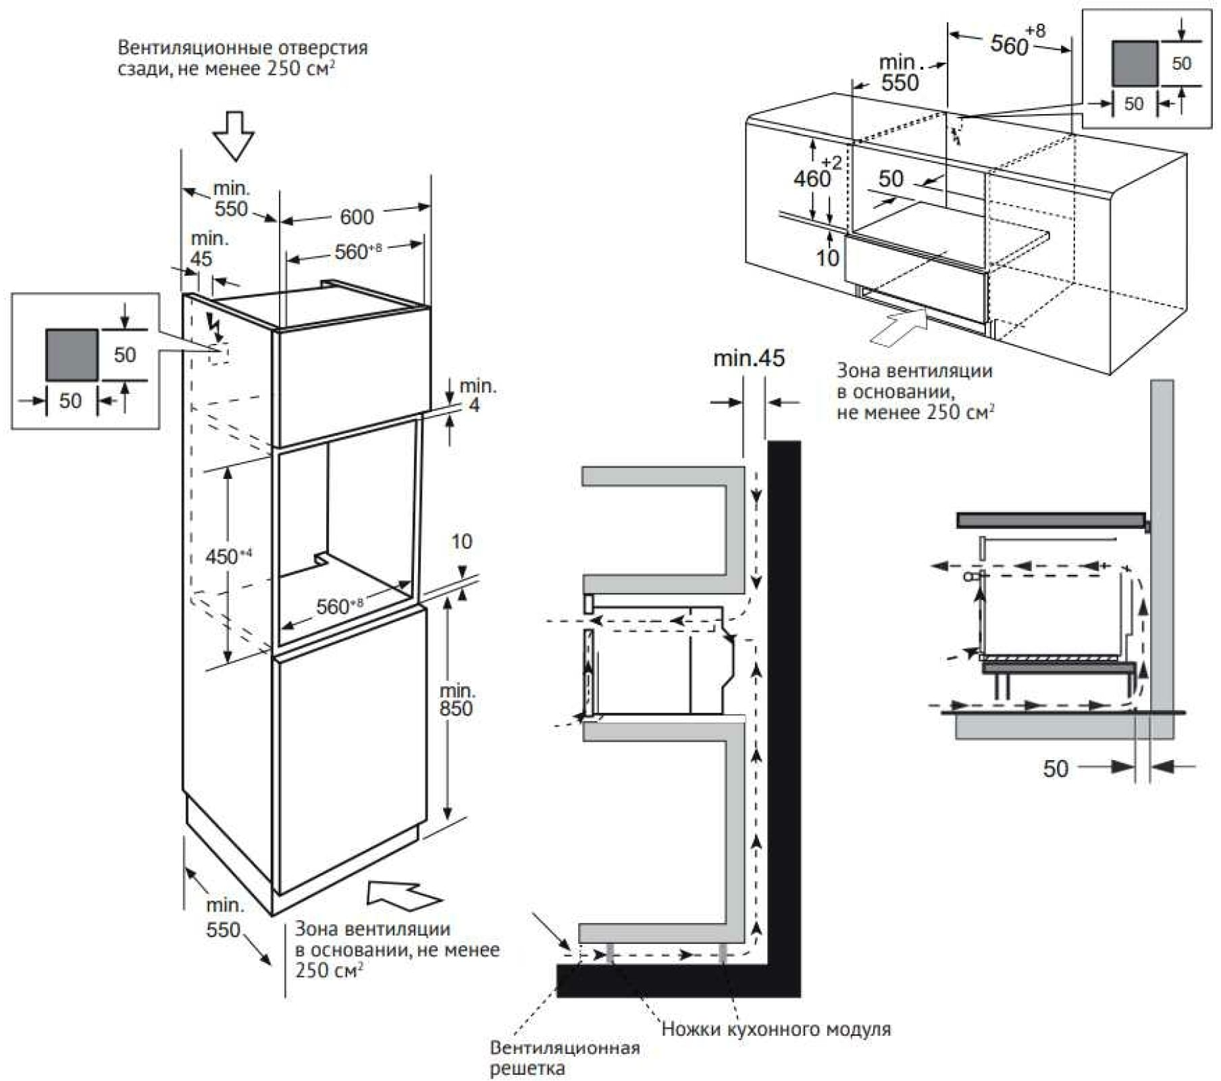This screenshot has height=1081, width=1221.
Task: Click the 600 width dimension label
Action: tap(356, 217)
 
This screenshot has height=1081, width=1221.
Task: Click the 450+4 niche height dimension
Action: tap(228, 556)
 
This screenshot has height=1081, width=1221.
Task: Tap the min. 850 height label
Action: tap(457, 699)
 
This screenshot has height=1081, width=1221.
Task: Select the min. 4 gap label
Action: tap(477, 395)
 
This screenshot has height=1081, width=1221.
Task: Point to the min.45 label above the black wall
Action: tap(749, 358)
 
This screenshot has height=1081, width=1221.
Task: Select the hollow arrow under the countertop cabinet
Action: tap(899, 326)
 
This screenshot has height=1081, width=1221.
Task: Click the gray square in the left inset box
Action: tap(72, 355)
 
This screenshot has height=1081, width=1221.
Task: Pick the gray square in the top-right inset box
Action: tap(1135, 64)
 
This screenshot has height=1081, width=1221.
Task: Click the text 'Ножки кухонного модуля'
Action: tap(776, 1029)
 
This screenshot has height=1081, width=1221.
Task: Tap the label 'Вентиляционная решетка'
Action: tap(564, 1058)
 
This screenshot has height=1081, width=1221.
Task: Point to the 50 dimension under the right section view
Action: tap(1056, 768)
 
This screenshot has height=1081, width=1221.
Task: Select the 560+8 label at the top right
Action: tap(1016, 42)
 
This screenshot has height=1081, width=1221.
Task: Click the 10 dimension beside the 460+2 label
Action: tap(827, 257)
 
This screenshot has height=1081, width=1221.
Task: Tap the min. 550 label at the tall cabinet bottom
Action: tap(224, 917)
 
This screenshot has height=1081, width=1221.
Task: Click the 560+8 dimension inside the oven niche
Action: tap(339, 605)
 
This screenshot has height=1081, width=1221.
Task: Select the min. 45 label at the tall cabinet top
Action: tap(201, 249)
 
